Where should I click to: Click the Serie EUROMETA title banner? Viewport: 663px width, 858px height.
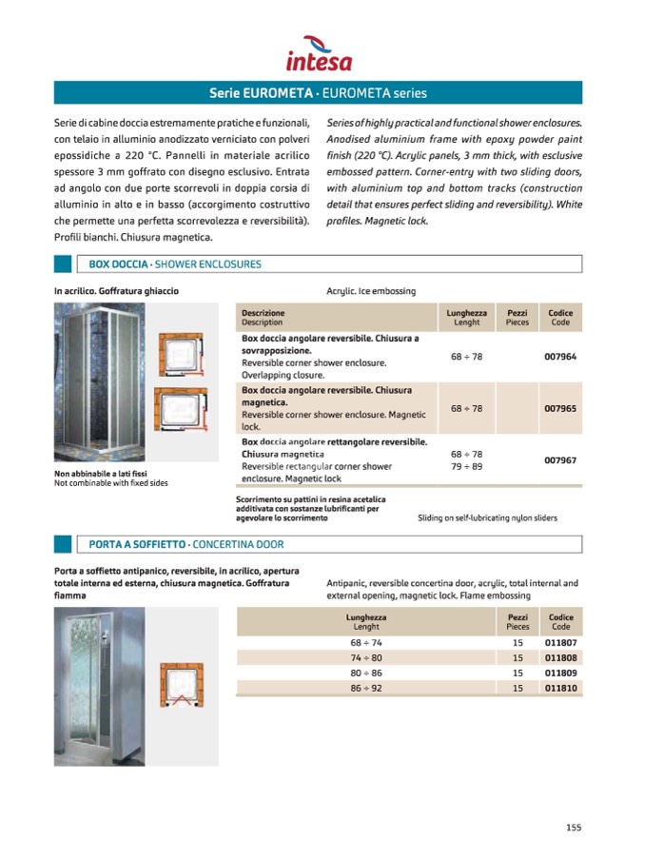pos(318,93)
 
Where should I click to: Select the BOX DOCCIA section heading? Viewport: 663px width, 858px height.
pos(174,264)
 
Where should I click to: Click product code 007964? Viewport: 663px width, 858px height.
pos(560,357)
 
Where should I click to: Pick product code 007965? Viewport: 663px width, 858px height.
pos(560,408)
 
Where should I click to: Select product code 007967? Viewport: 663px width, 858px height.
pos(560,460)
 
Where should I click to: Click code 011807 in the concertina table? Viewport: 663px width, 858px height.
pos(560,643)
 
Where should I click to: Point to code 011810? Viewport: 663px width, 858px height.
pos(560,687)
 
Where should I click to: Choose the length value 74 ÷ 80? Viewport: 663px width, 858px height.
pos(366,657)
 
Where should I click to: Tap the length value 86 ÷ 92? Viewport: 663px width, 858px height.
pos(366,687)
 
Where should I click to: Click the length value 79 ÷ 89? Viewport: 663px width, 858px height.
pos(466,467)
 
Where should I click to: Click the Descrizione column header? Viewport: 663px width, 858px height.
pos(263,313)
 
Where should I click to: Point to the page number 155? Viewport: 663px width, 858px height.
pos(573,827)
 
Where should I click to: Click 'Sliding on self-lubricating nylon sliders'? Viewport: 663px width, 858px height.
pos(487,518)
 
